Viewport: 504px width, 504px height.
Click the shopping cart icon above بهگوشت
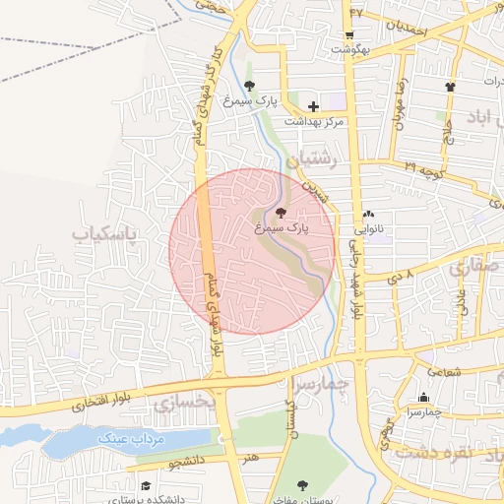click(349, 34)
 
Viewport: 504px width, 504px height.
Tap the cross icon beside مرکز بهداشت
click(314, 106)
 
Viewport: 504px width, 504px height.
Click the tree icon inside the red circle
click(282, 212)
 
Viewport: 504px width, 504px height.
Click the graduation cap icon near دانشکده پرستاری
click(146, 485)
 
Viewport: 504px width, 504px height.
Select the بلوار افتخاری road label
click(108, 401)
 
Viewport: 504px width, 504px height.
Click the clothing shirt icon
click(451, 87)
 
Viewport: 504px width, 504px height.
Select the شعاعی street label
click(444, 372)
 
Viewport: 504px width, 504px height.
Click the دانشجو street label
click(184, 460)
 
